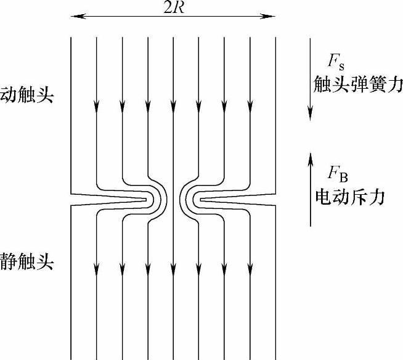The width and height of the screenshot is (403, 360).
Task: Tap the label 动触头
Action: pyautogui.click(x=27, y=96)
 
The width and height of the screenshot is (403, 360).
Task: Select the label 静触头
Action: pyautogui.click(x=27, y=263)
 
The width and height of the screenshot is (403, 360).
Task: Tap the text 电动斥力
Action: pyautogui.click(x=349, y=197)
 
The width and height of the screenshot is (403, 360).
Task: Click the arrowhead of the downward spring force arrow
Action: pyautogui.click(x=310, y=114)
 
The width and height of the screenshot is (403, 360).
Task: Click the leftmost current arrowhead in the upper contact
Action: pyautogui.click(x=97, y=107)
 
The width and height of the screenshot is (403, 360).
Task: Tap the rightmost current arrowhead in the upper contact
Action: pyautogui.click(x=250, y=107)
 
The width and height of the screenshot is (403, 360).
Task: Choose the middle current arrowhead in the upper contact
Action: pyautogui.click(x=173, y=107)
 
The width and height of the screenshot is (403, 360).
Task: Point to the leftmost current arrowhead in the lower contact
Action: pyautogui.click(x=97, y=269)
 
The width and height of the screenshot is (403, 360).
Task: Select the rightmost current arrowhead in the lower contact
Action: pyautogui.click(x=250, y=269)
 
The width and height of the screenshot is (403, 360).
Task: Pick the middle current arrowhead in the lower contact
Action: pyautogui.click(x=173, y=269)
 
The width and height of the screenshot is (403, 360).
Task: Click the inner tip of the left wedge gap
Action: pyautogui.click(x=148, y=199)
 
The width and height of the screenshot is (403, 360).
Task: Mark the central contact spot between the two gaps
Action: pyautogui.click(x=173, y=199)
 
